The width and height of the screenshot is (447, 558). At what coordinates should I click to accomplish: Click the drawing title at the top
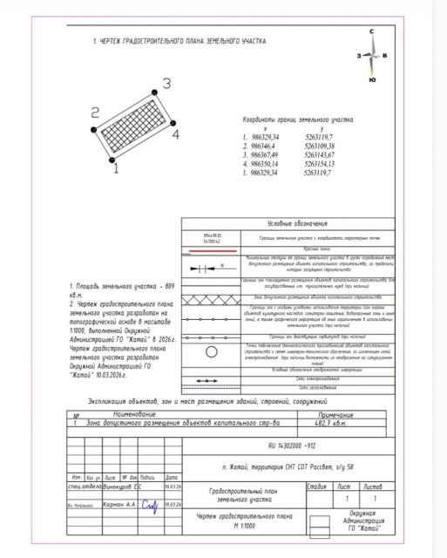(x=166, y=41)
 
